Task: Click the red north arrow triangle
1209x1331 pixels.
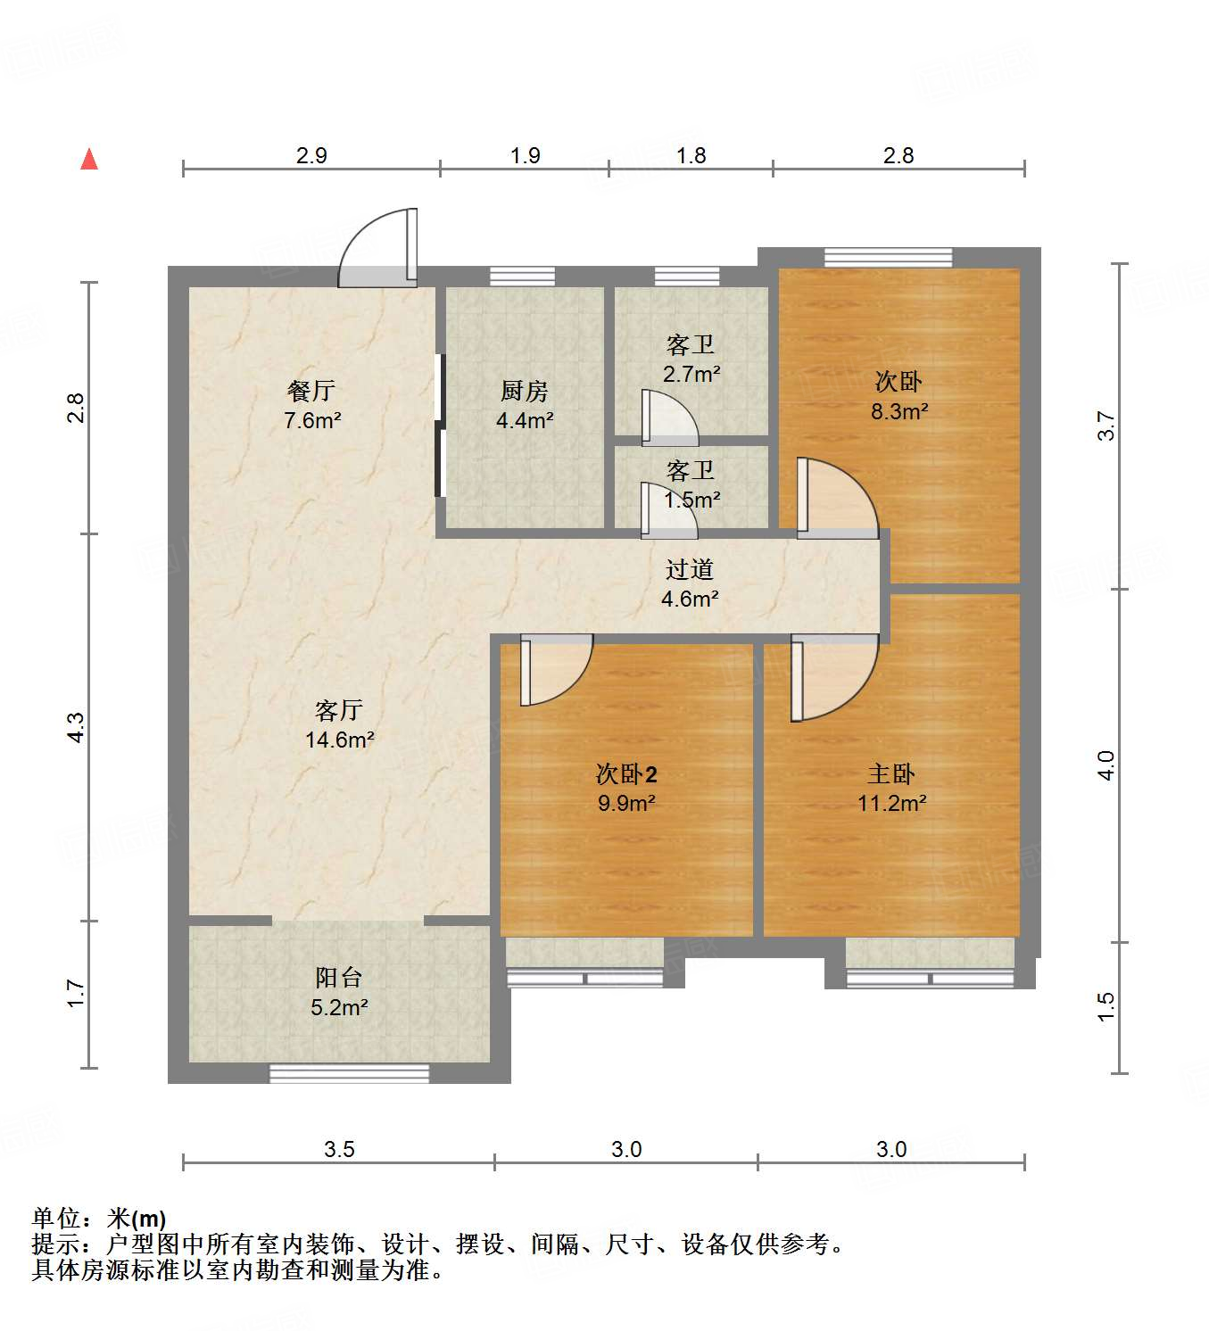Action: pyautogui.click(x=89, y=159)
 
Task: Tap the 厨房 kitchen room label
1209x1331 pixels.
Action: pyautogui.click(x=524, y=391)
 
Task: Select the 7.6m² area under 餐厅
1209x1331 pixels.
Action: pyautogui.click(x=312, y=420)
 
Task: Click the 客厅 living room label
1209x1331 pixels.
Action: pyautogui.click(x=338, y=710)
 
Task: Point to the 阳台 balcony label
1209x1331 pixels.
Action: pyautogui.click(x=338, y=978)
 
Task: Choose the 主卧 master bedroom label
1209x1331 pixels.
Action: pyautogui.click(x=890, y=773)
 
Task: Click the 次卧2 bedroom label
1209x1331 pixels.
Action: pyautogui.click(x=626, y=773)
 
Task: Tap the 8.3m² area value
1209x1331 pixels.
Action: pyautogui.click(x=898, y=411)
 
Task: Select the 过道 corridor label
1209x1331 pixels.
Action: pyautogui.click(x=689, y=569)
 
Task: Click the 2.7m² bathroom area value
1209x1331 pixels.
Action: pyautogui.click(x=691, y=374)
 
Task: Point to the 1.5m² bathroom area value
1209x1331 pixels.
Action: pyautogui.click(x=691, y=500)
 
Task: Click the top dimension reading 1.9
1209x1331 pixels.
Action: pyautogui.click(x=525, y=155)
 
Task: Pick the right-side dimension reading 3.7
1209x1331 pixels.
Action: pyautogui.click(x=1106, y=426)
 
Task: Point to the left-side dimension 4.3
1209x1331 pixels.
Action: pyautogui.click(x=77, y=727)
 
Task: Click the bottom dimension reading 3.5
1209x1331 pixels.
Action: pyautogui.click(x=339, y=1149)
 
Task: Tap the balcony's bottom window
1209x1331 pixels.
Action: pyautogui.click(x=349, y=1073)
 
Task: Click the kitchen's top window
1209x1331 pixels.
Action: pyautogui.click(x=523, y=276)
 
